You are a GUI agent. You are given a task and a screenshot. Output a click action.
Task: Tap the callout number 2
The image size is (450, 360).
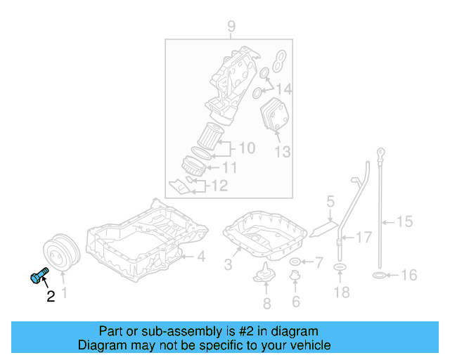tap(51, 297)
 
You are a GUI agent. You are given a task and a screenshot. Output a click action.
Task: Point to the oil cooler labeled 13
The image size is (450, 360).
tap(274, 117)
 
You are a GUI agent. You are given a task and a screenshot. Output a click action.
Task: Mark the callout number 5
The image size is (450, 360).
tap(330, 203)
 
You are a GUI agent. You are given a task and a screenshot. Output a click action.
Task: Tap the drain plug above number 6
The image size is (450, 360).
tap(295, 283)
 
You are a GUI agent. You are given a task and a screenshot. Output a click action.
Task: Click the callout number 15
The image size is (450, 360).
tap(404, 223)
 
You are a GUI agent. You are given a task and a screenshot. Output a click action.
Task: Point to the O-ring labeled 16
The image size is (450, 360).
tap(378, 274)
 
